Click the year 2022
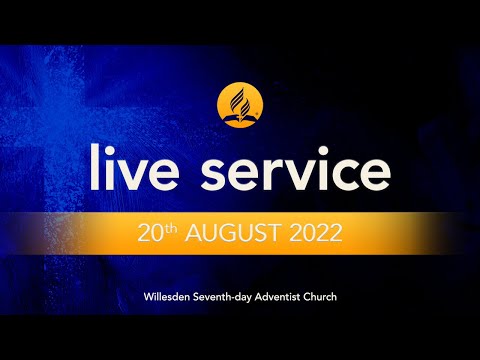point(313,236)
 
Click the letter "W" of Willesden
point(147,298)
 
